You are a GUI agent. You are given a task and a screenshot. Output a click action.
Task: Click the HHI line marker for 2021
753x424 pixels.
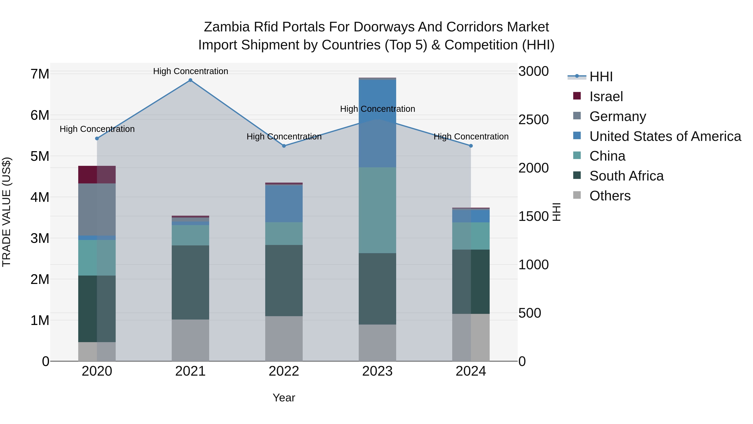point(190,80)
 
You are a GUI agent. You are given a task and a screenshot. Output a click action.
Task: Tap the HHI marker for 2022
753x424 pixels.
point(284,146)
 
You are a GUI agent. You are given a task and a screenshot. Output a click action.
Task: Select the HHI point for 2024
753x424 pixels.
point(471,146)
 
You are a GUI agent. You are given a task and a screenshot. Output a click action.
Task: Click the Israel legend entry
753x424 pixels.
point(606,97)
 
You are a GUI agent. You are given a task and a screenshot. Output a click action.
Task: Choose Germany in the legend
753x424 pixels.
point(617,116)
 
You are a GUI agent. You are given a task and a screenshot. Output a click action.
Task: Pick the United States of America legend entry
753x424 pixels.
point(665,136)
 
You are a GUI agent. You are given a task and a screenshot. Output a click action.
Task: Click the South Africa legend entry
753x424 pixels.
point(626,176)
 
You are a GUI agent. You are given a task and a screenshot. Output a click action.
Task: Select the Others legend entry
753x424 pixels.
point(610,196)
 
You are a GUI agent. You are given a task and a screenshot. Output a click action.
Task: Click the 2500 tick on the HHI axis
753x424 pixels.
point(533,120)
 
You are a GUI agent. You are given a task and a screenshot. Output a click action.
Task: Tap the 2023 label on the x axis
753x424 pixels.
point(377,371)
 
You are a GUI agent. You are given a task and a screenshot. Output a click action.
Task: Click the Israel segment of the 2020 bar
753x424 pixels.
point(97,175)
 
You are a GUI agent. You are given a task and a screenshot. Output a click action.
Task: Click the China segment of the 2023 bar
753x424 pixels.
point(377,210)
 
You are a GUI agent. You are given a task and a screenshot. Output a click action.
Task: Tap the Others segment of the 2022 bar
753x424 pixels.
point(284,338)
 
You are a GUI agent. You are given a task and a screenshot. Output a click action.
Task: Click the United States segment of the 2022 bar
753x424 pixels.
point(284,204)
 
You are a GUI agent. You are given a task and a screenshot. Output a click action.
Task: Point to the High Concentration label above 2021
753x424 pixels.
point(191,71)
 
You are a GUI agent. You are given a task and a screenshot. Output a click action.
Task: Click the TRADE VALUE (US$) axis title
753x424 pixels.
point(7,212)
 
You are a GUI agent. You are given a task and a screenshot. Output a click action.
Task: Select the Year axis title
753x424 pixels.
point(284,398)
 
